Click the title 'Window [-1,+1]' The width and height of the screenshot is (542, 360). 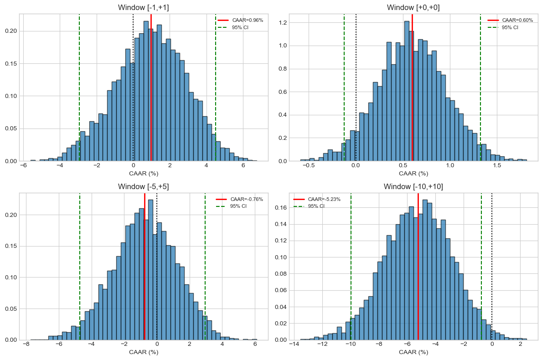coord(144,7)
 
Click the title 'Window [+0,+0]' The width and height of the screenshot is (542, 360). coord(413,7)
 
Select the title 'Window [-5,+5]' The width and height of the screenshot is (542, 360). coord(144,186)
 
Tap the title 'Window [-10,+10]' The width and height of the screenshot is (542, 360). coord(413,186)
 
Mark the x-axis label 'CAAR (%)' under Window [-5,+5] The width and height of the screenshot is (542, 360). coord(144,352)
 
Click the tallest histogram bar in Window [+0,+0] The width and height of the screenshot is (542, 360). coord(407,91)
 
